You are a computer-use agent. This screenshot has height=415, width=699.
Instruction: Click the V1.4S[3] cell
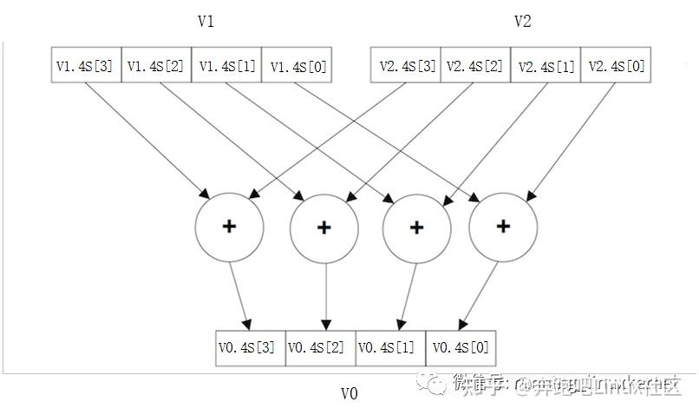[x=85, y=65]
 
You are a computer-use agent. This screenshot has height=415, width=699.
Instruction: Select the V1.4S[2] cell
[x=156, y=65]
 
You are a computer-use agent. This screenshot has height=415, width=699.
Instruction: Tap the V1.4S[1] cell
[x=226, y=65]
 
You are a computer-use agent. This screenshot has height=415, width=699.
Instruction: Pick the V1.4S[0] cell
[x=297, y=65]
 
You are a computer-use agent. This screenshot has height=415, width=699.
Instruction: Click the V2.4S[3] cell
[x=406, y=65]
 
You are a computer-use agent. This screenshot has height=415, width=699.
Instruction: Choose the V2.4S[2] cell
[x=475, y=65]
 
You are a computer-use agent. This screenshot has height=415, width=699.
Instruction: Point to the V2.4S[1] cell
[x=545, y=65]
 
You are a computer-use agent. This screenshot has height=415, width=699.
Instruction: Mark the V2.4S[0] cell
[x=616, y=65]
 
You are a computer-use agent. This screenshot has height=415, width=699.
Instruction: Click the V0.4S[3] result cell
[x=250, y=348]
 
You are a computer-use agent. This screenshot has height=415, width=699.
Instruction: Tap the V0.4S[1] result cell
[x=391, y=348]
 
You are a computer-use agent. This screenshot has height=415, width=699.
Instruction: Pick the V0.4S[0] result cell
[x=461, y=348]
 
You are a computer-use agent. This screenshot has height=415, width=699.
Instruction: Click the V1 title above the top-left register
[x=206, y=21]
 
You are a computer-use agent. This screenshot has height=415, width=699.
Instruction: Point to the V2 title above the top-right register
[x=522, y=21]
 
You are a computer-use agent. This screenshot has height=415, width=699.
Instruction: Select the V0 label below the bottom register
[x=349, y=393]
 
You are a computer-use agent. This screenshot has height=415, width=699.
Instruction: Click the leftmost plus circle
[x=229, y=227]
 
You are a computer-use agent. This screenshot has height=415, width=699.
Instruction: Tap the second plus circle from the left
[x=323, y=227]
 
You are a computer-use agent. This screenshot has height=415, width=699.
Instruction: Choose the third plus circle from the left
[x=416, y=227]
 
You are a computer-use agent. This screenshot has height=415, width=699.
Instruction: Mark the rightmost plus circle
[x=502, y=227]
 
